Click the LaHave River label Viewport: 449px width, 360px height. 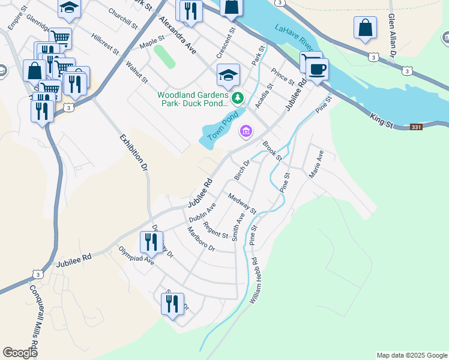pos(295,37)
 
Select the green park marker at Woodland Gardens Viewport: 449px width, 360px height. pos(238,97)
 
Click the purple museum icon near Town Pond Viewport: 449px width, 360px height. pos(246,131)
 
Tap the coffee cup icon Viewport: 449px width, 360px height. pos(317,68)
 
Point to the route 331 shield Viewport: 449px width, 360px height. pos(417,127)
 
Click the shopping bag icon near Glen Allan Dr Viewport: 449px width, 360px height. pos(365,28)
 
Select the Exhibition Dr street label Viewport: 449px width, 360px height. pos(134,152)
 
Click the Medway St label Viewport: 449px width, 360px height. pos(242,204)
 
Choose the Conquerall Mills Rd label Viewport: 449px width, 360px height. pos(35,317)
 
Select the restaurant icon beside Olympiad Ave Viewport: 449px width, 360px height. pos(151,242)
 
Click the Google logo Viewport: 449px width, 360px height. pos(20,353)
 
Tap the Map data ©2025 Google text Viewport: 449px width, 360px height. pos(411,355)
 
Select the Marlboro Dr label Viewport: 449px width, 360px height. pos(200,239)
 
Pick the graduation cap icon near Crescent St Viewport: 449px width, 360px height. pos(228,75)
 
